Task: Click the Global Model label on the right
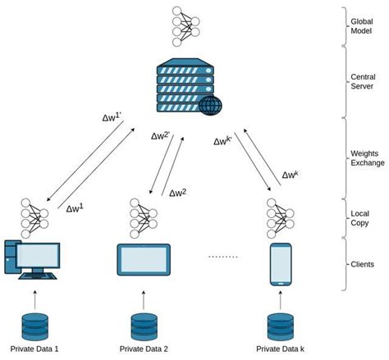[x=362, y=25]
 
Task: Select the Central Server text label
[x=362, y=82]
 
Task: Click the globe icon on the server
[x=209, y=104]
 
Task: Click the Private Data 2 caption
[x=144, y=349]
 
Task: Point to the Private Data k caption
[x=281, y=349]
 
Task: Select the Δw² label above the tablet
[x=178, y=192]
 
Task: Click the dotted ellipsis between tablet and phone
[x=222, y=256]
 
